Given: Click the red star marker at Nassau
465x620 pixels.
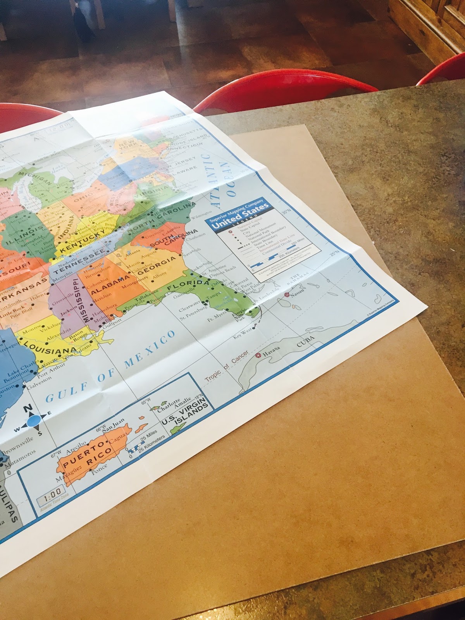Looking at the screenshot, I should (287, 295).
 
